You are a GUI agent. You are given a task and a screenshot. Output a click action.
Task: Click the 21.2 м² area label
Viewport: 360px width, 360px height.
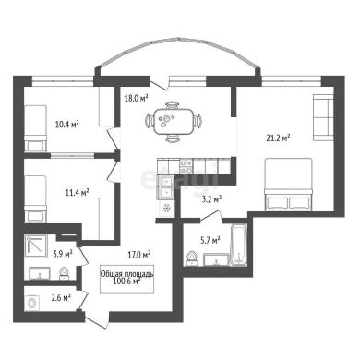(x=278, y=138)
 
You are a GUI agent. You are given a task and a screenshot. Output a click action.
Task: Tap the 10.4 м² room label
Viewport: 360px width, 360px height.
(x=67, y=125)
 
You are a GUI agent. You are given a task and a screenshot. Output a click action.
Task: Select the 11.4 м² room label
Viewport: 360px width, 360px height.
(x=77, y=193)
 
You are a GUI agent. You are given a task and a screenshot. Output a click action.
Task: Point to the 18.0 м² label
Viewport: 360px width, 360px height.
(x=137, y=98)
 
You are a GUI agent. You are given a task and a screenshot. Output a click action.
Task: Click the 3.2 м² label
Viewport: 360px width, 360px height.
(x=211, y=199)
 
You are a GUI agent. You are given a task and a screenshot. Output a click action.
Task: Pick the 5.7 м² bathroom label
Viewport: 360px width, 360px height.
(x=210, y=240)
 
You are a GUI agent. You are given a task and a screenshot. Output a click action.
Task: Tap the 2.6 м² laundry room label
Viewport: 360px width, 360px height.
(x=61, y=297)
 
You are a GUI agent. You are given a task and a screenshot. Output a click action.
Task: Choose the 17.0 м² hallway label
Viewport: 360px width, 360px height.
(x=139, y=255)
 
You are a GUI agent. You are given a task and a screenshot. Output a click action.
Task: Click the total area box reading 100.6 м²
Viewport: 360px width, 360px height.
(x=126, y=279)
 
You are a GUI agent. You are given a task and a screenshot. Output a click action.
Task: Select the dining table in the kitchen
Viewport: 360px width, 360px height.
(x=174, y=122)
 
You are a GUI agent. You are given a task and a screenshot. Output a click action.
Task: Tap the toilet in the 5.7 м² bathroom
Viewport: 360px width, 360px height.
(x=192, y=258)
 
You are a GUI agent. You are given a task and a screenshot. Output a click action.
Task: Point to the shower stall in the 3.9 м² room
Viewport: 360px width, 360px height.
(x=37, y=246)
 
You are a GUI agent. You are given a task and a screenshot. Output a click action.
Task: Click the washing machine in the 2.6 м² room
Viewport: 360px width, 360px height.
(x=33, y=304)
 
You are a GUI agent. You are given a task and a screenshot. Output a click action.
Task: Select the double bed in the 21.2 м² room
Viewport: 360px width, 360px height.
(x=288, y=184)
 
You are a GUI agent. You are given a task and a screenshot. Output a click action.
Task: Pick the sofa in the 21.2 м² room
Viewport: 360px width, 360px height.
(x=323, y=117)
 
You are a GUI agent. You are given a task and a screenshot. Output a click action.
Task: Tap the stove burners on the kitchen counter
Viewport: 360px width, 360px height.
(x=186, y=166)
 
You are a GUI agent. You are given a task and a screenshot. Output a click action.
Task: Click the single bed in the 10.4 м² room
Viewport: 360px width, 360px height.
(x=35, y=128)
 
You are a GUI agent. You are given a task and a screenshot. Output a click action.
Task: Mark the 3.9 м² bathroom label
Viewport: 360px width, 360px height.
(x=63, y=254)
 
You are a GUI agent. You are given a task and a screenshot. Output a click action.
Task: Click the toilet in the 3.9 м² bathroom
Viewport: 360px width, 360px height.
(x=64, y=273)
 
